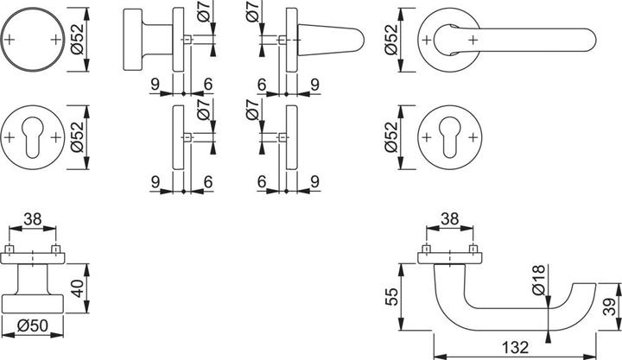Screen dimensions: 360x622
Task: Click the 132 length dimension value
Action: (515, 346)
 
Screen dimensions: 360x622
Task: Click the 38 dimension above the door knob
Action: (32, 220)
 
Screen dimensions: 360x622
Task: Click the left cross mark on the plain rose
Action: (10, 40)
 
